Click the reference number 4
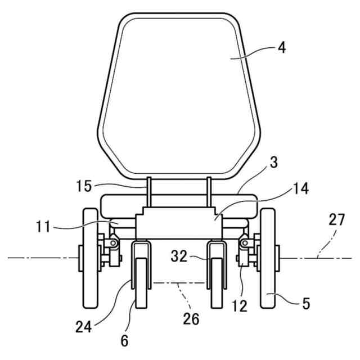(282, 48)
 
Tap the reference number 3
(273, 163)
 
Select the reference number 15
(84, 186)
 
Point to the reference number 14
(300, 188)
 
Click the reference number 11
(43, 227)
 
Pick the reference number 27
(337, 219)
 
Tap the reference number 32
(179, 256)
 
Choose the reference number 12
(240, 305)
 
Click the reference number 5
(306, 303)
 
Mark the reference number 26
(191, 319)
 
